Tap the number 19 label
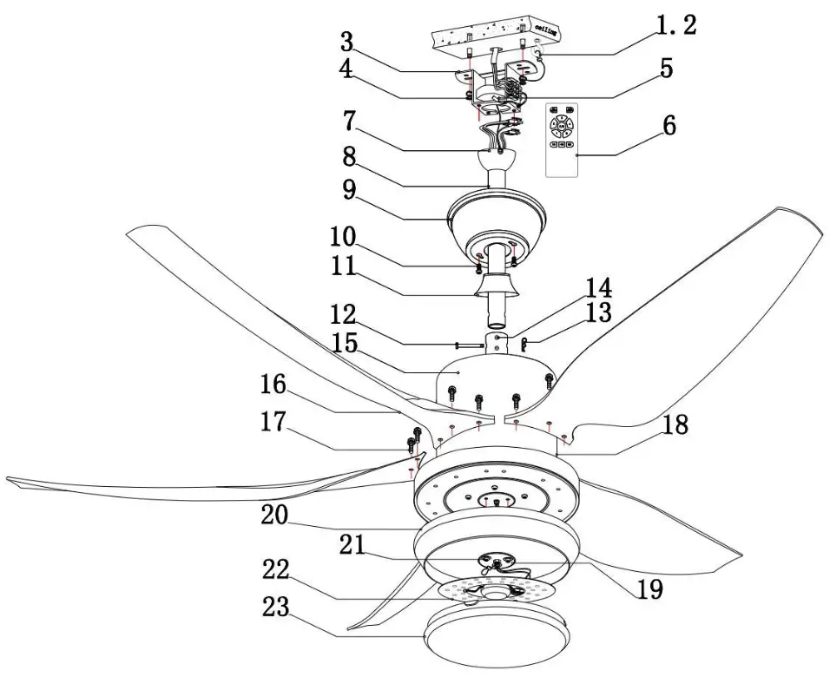coord(648,589)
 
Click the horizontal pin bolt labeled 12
coord(469,345)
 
